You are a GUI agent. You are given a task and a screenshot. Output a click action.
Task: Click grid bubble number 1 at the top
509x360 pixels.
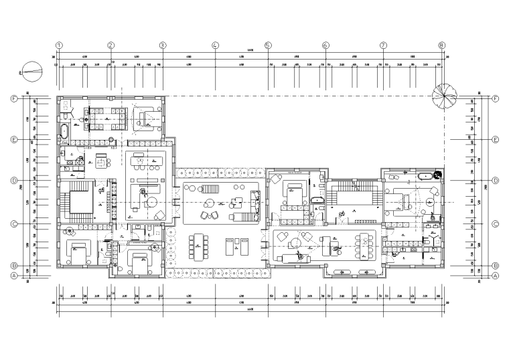pos(59,46)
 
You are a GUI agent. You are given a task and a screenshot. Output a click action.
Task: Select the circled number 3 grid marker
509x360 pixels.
pos(163,46)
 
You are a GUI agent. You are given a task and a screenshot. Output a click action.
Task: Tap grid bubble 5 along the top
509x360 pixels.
pos(268,46)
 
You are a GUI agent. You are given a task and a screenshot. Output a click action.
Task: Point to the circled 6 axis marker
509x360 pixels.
pos(325,46)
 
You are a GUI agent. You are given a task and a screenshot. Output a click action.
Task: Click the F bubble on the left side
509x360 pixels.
pos(13,98)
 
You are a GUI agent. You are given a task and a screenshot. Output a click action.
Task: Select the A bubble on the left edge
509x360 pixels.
pos(13,275)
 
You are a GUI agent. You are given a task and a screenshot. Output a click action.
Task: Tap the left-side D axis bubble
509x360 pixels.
pos(13,181)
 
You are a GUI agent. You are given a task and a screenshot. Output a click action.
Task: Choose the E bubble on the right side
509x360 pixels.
pos(496,140)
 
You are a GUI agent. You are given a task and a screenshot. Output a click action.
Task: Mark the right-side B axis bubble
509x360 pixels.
pos(496,265)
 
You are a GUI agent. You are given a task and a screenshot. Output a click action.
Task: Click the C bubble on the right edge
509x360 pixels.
pos(496,225)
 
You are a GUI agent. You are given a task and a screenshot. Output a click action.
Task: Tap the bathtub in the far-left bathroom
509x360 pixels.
pos(64,131)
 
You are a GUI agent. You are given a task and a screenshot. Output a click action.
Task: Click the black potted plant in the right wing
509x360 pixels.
pos(437,175)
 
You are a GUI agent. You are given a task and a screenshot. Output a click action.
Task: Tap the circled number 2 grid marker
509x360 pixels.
pos(111,46)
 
